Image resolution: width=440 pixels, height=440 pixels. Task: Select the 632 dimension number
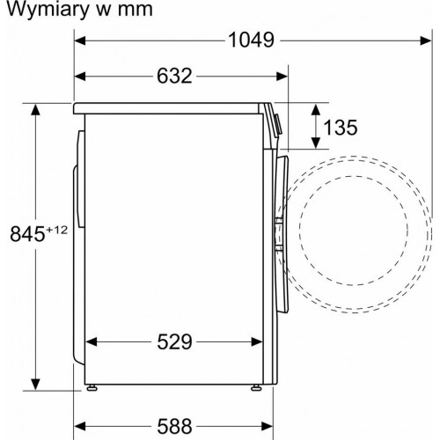[x=174, y=76]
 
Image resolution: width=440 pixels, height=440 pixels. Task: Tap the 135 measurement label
[x=341, y=128]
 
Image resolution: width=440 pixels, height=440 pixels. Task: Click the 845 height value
[x=26, y=233]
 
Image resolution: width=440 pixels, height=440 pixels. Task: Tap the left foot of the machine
[x=91, y=385]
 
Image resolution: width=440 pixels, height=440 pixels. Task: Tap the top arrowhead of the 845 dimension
[x=35, y=108]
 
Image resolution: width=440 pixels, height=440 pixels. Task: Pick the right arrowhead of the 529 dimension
[x=259, y=341]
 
